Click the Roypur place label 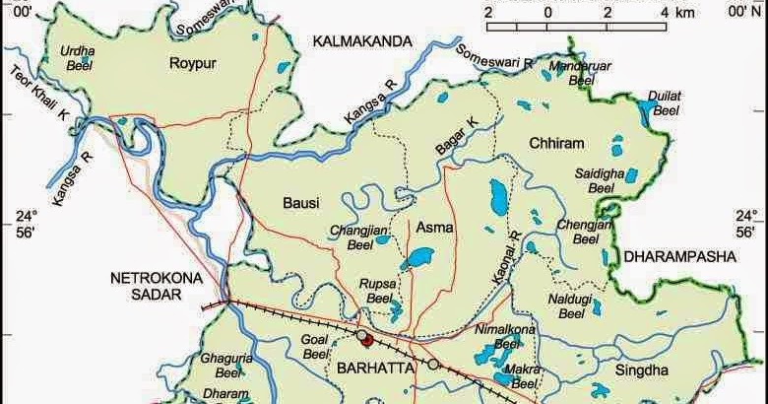[193, 67]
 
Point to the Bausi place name [301, 203]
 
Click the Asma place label [435, 228]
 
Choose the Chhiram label [556, 142]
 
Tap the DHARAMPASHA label [679, 256]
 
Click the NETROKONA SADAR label [156, 286]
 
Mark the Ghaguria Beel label [226, 368]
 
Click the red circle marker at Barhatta [362, 338]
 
